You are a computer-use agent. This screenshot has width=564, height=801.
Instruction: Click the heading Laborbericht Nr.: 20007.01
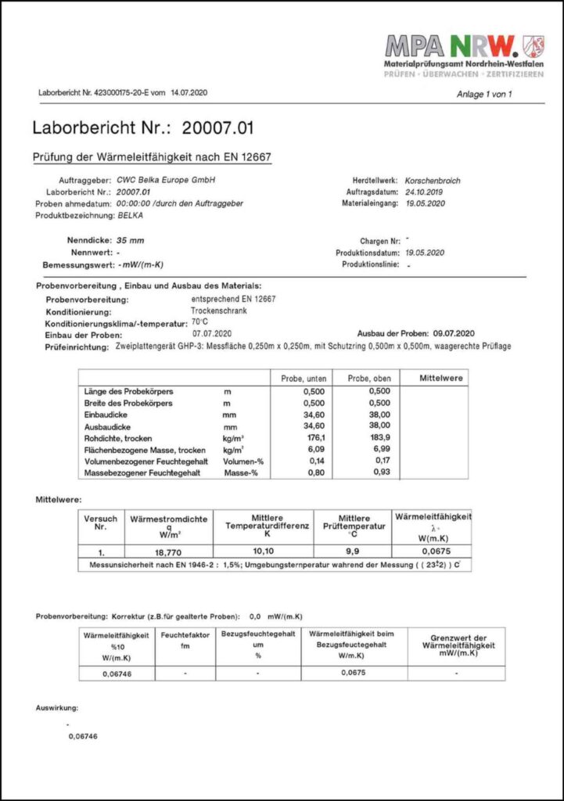pyautogui.click(x=143, y=128)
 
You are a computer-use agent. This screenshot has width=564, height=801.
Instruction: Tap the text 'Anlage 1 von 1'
pyautogui.click(x=483, y=95)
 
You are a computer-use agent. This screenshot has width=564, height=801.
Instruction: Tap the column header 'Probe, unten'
pyautogui.click(x=303, y=379)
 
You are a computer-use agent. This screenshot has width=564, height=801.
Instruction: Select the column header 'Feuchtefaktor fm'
pyautogui.click(x=185, y=641)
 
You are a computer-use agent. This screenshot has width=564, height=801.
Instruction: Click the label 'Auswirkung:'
pyautogui.click(x=57, y=707)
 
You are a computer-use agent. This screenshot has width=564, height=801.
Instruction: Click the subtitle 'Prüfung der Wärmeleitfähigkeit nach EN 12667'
pyautogui.click(x=152, y=156)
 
